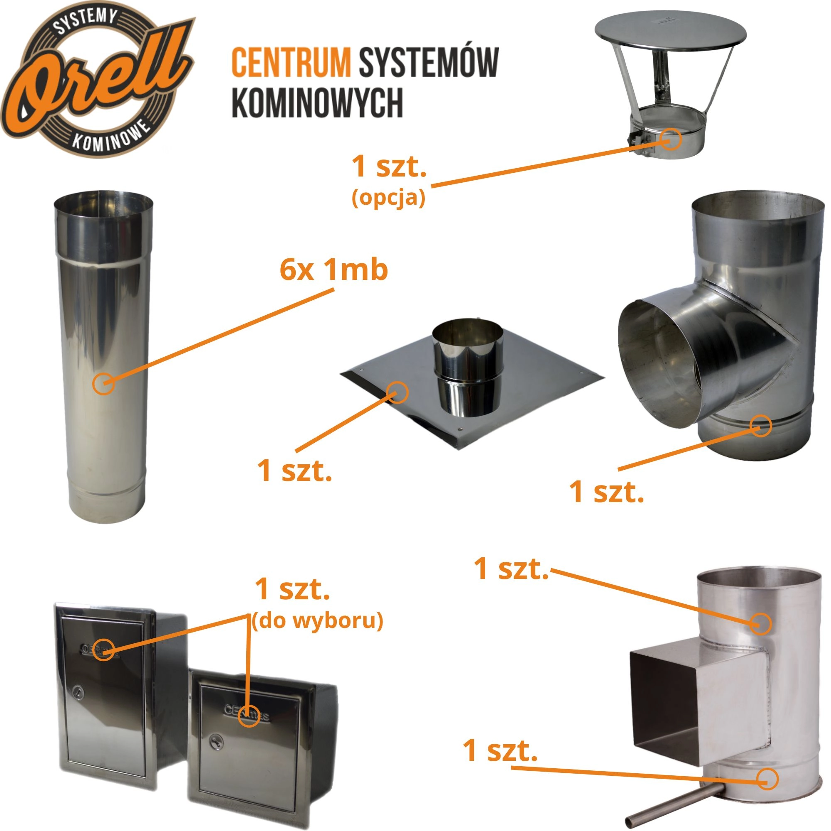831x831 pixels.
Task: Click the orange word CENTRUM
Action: click(291, 62)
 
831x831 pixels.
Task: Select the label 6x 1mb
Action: click(334, 270)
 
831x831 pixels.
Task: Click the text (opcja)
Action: click(388, 198)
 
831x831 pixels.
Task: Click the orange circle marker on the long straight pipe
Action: click(104, 383)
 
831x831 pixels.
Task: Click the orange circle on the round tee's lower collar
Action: click(760, 426)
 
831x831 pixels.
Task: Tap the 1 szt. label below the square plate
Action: click(294, 470)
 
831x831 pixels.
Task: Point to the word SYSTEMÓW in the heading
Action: click(429, 62)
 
